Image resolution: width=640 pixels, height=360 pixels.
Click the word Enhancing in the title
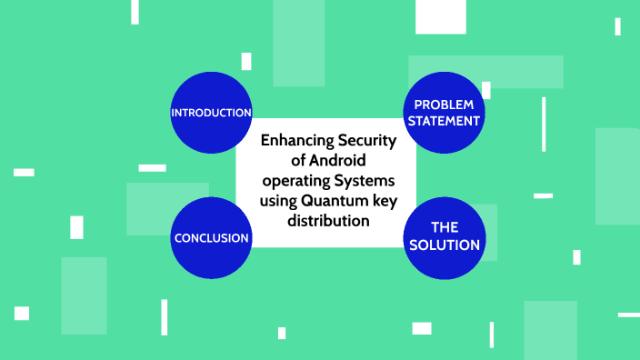point(296,141)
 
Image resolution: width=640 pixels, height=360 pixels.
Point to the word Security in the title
point(368,141)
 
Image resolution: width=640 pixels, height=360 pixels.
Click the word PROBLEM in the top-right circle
point(444,105)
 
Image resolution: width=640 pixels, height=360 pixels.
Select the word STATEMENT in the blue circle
point(444,121)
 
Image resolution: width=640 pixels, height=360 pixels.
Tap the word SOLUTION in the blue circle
point(444,245)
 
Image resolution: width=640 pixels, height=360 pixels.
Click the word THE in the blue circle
point(444,227)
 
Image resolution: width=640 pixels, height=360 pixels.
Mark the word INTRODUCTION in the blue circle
point(211,114)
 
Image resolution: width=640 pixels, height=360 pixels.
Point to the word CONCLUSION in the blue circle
point(211,238)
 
